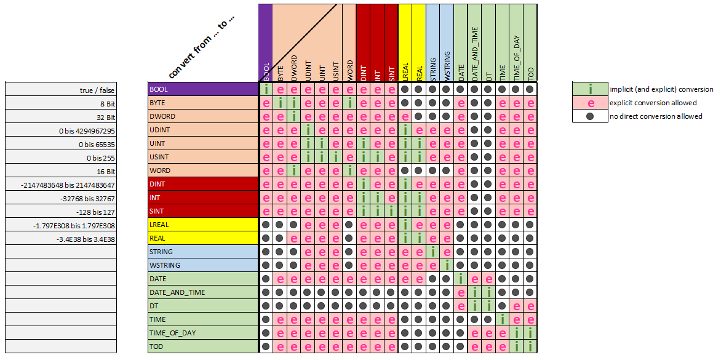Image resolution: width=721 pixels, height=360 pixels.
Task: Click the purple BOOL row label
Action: [202, 89]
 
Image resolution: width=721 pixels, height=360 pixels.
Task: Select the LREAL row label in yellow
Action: [202, 225]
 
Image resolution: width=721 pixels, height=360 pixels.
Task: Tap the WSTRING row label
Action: [202, 265]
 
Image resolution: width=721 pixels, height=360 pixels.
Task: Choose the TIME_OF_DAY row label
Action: [202, 333]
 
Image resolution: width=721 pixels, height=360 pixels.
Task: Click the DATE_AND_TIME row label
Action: [202, 292]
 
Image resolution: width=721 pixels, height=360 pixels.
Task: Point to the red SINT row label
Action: [202, 211]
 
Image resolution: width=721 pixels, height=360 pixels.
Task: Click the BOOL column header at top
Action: [266, 43]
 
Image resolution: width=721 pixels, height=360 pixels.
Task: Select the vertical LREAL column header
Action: [405, 43]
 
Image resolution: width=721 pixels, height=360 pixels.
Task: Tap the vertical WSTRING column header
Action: [447, 43]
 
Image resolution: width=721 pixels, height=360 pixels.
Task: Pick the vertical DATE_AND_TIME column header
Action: [474, 43]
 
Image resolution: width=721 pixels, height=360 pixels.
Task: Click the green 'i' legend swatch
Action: [590, 89]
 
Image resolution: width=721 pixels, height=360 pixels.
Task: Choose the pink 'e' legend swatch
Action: [590, 103]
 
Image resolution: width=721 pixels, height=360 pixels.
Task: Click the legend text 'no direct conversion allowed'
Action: [656, 116]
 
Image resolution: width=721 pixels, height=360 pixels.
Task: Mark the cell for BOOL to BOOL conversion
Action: [266, 89]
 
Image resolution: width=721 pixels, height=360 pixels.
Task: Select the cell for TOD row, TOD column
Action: [530, 346]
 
